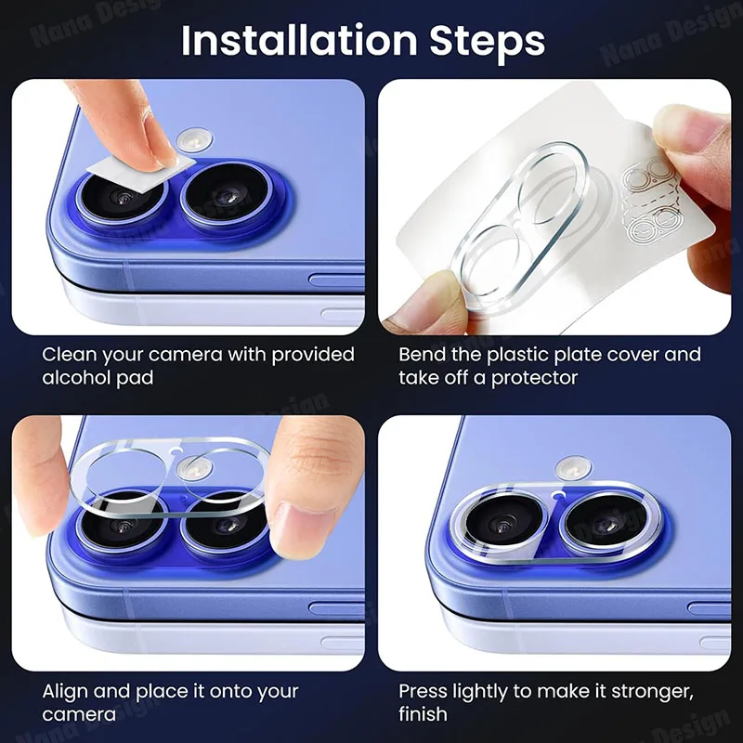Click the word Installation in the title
point(299,41)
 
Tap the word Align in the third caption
point(64,691)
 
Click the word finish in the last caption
point(423,713)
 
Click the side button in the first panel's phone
point(336,280)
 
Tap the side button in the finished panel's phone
point(709,609)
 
